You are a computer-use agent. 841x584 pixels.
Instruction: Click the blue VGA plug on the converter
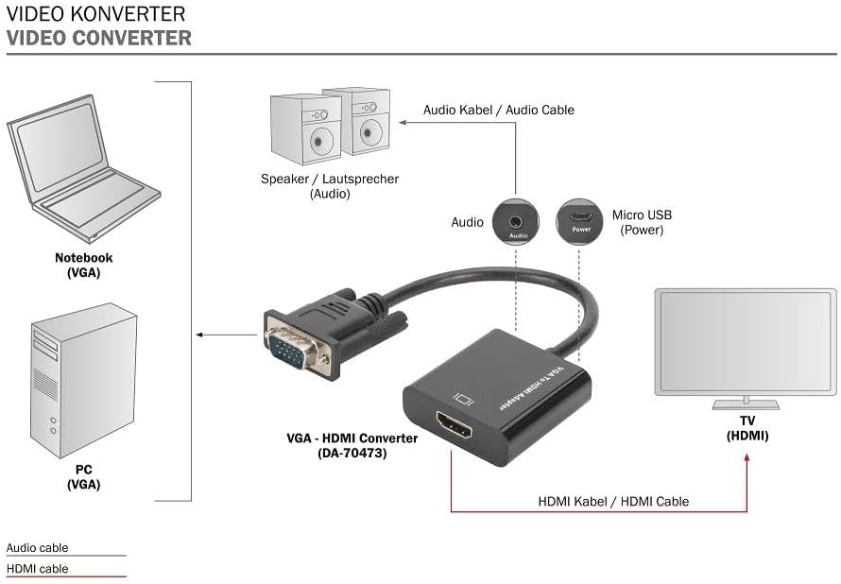point(287,350)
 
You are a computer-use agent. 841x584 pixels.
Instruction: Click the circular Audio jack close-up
point(517,221)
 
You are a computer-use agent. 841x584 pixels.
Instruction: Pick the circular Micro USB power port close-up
point(578,221)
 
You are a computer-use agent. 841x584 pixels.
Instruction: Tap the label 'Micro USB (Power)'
point(642,222)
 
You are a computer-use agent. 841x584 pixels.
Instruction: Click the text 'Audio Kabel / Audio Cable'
point(498,110)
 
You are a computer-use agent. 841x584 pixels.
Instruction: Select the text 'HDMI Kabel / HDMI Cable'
point(613,501)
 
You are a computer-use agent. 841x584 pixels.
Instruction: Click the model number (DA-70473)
point(352,453)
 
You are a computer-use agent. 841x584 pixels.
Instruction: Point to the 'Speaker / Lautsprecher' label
point(330,179)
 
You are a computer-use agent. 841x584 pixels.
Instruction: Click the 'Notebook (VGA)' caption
point(83,265)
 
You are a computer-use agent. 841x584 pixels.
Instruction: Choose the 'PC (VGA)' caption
point(83,477)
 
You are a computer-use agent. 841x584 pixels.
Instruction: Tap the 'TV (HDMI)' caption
point(747,428)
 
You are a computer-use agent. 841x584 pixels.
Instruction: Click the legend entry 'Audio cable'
point(38,547)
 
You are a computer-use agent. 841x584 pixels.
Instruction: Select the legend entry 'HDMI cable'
point(38,569)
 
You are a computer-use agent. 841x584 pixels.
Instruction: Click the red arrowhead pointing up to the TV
point(747,458)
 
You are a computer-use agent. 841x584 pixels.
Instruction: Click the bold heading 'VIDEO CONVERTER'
point(98,39)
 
